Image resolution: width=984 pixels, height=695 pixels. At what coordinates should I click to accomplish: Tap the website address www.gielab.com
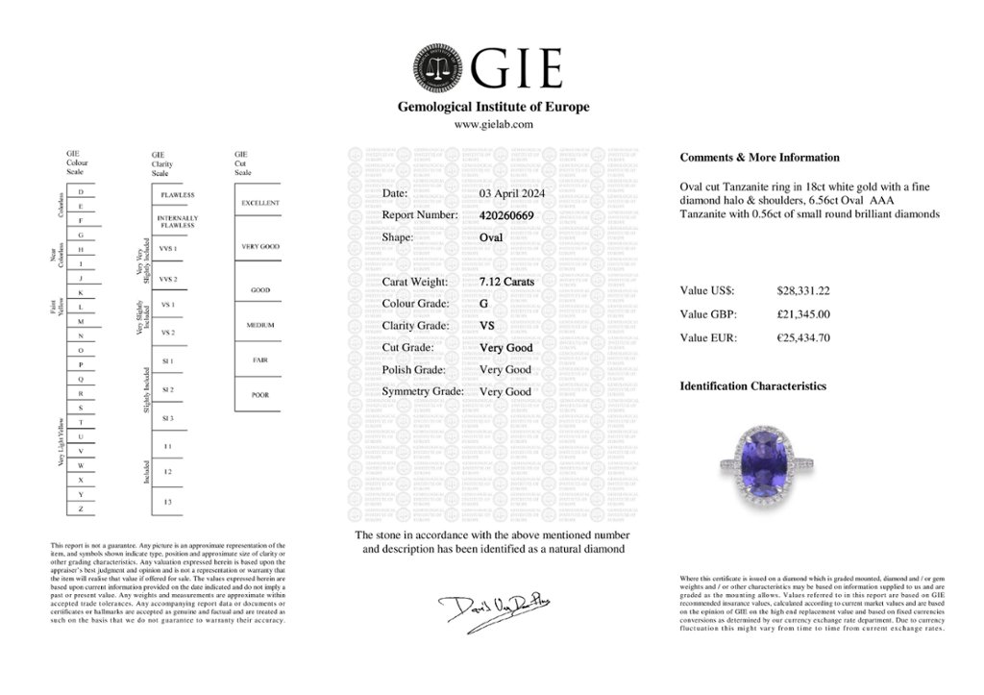pyautogui.click(x=493, y=124)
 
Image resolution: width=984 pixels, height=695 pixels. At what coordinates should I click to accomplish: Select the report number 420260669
pyautogui.click(x=505, y=215)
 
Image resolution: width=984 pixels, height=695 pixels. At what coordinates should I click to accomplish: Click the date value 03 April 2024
pyautogui.click(x=511, y=193)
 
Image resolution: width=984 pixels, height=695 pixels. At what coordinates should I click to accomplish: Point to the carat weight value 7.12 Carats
pyautogui.click(x=506, y=282)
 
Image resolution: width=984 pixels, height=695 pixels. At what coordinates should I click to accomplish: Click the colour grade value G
pyautogui.click(x=484, y=304)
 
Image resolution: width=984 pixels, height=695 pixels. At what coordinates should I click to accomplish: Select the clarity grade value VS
pyautogui.click(x=486, y=326)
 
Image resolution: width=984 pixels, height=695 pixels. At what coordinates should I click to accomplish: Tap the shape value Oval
pyautogui.click(x=491, y=237)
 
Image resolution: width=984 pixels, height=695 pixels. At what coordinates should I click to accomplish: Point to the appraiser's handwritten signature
pyautogui.click(x=487, y=608)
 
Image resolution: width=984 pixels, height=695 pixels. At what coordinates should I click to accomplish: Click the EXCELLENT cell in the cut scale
pyautogui.click(x=260, y=203)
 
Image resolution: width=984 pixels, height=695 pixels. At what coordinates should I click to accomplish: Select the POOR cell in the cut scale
pyautogui.click(x=260, y=394)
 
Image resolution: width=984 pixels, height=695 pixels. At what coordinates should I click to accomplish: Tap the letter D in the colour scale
pyautogui.click(x=81, y=192)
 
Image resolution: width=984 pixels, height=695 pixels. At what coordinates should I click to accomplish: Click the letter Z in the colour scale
pyautogui.click(x=81, y=508)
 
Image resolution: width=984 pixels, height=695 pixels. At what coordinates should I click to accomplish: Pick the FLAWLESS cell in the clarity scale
pyautogui.click(x=178, y=195)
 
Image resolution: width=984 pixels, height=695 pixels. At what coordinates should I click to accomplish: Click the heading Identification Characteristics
pyautogui.click(x=752, y=386)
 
